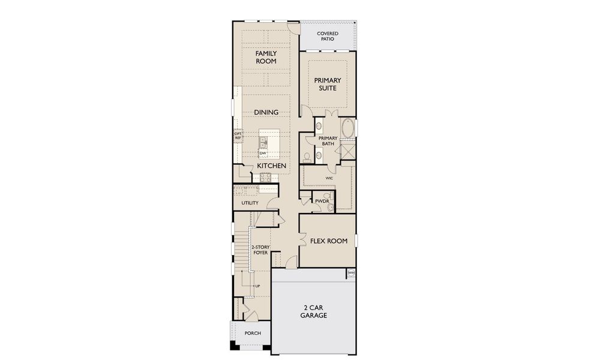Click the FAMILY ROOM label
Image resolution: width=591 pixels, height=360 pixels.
point(266,57)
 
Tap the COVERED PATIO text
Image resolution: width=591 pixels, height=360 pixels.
point(328,36)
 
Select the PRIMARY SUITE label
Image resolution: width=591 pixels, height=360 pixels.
point(328,84)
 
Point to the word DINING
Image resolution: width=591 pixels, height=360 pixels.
point(266,112)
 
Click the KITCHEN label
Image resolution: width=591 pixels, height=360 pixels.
point(271,165)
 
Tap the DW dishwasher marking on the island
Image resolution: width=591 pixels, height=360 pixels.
point(263,154)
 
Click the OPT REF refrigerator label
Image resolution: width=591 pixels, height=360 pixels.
point(238,136)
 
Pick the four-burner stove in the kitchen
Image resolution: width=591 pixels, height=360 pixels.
point(265,177)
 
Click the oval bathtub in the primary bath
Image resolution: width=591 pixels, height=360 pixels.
point(347,128)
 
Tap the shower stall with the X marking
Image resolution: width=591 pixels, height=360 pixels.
point(347,150)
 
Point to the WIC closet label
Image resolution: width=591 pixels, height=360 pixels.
point(329,178)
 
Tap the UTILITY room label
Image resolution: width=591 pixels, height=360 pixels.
point(250,203)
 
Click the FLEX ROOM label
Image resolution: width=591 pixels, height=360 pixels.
point(328,241)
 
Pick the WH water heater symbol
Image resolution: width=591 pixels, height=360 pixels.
point(351,273)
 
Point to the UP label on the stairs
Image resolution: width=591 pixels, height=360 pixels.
point(258,286)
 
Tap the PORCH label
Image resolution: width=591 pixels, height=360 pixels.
point(253,333)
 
